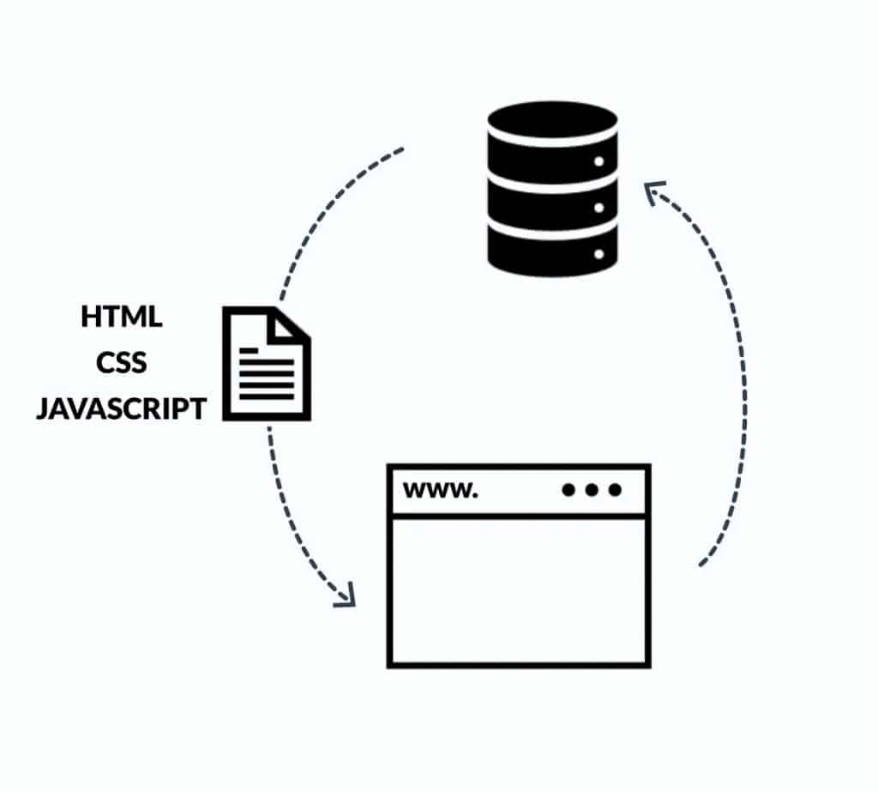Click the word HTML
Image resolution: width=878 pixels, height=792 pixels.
[x=122, y=316]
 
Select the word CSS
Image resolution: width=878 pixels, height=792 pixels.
[x=122, y=362]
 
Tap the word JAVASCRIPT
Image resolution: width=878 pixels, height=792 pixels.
[x=122, y=408]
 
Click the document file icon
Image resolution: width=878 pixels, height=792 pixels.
[x=267, y=363]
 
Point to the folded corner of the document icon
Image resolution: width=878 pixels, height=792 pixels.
[x=286, y=326]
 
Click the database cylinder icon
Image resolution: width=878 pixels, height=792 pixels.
[x=553, y=189]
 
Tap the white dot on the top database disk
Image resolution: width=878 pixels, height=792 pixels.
[x=598, y=161]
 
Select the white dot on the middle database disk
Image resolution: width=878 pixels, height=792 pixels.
[x=598, y=208]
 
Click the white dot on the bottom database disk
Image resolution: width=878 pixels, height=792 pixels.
[x=598, y=254]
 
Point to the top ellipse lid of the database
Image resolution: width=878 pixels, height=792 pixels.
[x=553, y=119]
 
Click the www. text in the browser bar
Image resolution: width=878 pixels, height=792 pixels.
[x=441, y=491]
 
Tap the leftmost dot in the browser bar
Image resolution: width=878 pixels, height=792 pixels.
[x=568, y=490]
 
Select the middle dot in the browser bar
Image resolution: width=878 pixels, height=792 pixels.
[x=592, y=490]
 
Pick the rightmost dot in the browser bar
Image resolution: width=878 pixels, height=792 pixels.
[x=615, y=490]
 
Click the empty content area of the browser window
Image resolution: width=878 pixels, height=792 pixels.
[x=519, y=590]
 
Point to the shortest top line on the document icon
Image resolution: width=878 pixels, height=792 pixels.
[x=249, y=350]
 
